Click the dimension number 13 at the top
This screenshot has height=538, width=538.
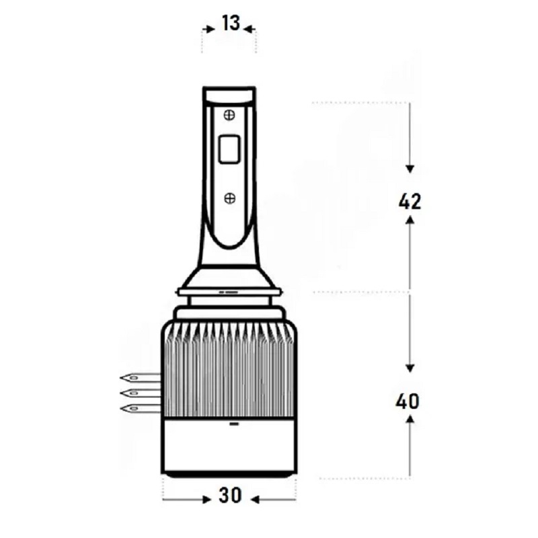231,24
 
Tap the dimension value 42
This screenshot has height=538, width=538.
410,202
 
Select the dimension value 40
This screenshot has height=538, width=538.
408,401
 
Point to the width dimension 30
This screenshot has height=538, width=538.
230,496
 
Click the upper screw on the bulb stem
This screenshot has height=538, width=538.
229,115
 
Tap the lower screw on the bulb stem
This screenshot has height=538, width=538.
229,198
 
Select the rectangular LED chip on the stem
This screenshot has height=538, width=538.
229,148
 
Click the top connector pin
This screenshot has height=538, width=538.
140,378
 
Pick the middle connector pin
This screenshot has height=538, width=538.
140,393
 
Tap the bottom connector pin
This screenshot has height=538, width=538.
140,408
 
